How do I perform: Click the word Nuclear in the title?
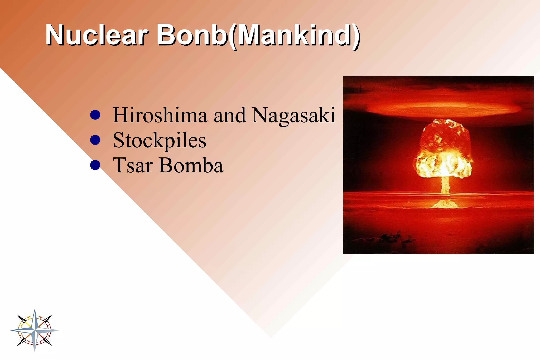click(97, 35)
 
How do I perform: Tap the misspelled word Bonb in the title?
click(192, 35)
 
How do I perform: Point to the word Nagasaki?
click(293, 115)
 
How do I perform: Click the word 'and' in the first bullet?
click(229, 115)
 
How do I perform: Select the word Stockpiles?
click(160, 141)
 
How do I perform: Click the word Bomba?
click(191, 165)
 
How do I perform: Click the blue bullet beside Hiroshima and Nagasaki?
click(95, 115)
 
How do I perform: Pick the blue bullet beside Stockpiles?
click(95, 140)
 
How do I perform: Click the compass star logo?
click(35, 330)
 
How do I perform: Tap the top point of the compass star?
click(35, 311)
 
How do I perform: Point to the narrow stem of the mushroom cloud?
click(445, 186)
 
